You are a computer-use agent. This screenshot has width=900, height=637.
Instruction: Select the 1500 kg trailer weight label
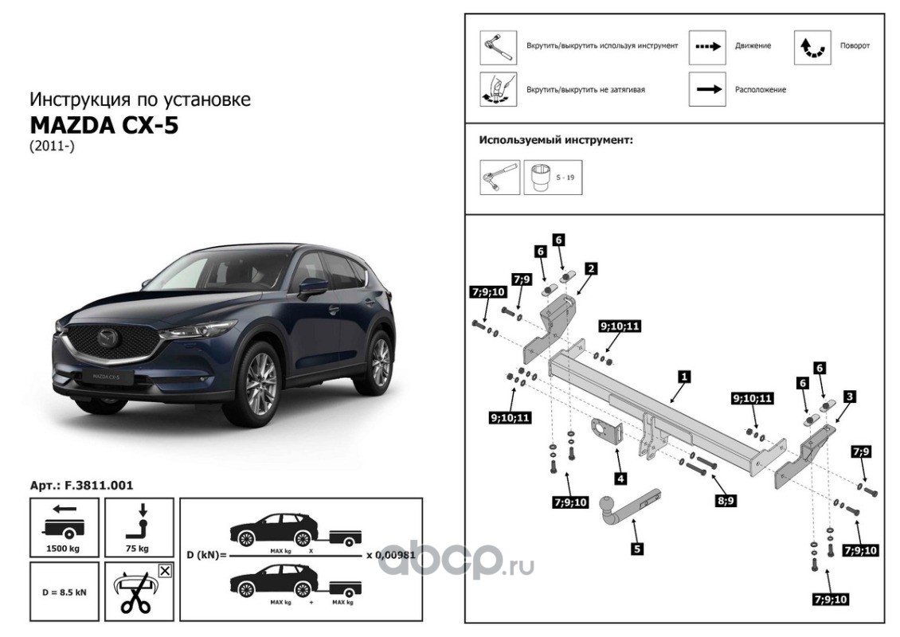65,549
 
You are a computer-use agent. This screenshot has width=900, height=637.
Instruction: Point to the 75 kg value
138,549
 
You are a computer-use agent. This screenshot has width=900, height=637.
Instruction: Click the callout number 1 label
683,373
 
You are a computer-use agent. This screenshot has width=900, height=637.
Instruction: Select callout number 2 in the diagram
591,268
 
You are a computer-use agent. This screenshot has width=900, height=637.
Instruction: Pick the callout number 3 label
851,396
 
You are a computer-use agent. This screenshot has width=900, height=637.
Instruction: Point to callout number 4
620,479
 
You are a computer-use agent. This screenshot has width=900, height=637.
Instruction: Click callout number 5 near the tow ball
637,548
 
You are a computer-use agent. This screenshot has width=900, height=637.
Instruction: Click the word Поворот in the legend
855,46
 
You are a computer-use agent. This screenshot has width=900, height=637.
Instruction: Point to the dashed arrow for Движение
708,46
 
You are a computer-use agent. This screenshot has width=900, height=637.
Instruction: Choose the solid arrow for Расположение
708,90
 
